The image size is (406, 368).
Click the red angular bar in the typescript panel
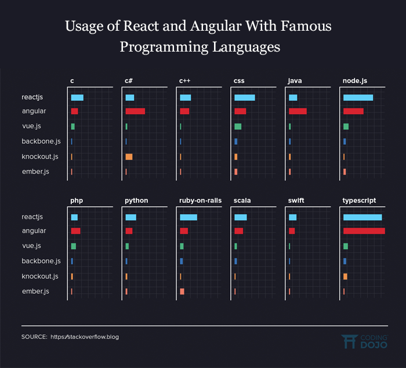(x=364, y=231)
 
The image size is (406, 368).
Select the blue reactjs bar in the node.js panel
(x=358, y=97)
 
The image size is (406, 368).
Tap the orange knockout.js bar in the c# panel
(x=129, y=156)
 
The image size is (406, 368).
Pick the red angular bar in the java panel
(x=298, y=111)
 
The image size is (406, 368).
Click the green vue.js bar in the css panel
(x=238, y=126)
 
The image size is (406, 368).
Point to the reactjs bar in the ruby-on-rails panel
(x=188, y=217)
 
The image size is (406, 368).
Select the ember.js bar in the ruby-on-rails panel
(x=182, y=292)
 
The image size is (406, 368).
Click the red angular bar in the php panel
(x=75, y=231)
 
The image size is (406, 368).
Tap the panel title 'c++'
(x=185, y=81)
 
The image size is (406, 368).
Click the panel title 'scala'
(x=242, y=201)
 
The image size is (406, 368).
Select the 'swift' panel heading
(x=296, y=201)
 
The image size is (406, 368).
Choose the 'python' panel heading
(x=136, y=201)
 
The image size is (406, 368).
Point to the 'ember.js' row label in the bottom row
(x=35, y=291)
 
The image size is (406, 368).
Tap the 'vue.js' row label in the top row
(x=31, y=126)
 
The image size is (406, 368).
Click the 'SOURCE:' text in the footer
(x=34, y=337)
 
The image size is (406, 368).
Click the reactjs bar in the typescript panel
(x=362, y=217)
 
